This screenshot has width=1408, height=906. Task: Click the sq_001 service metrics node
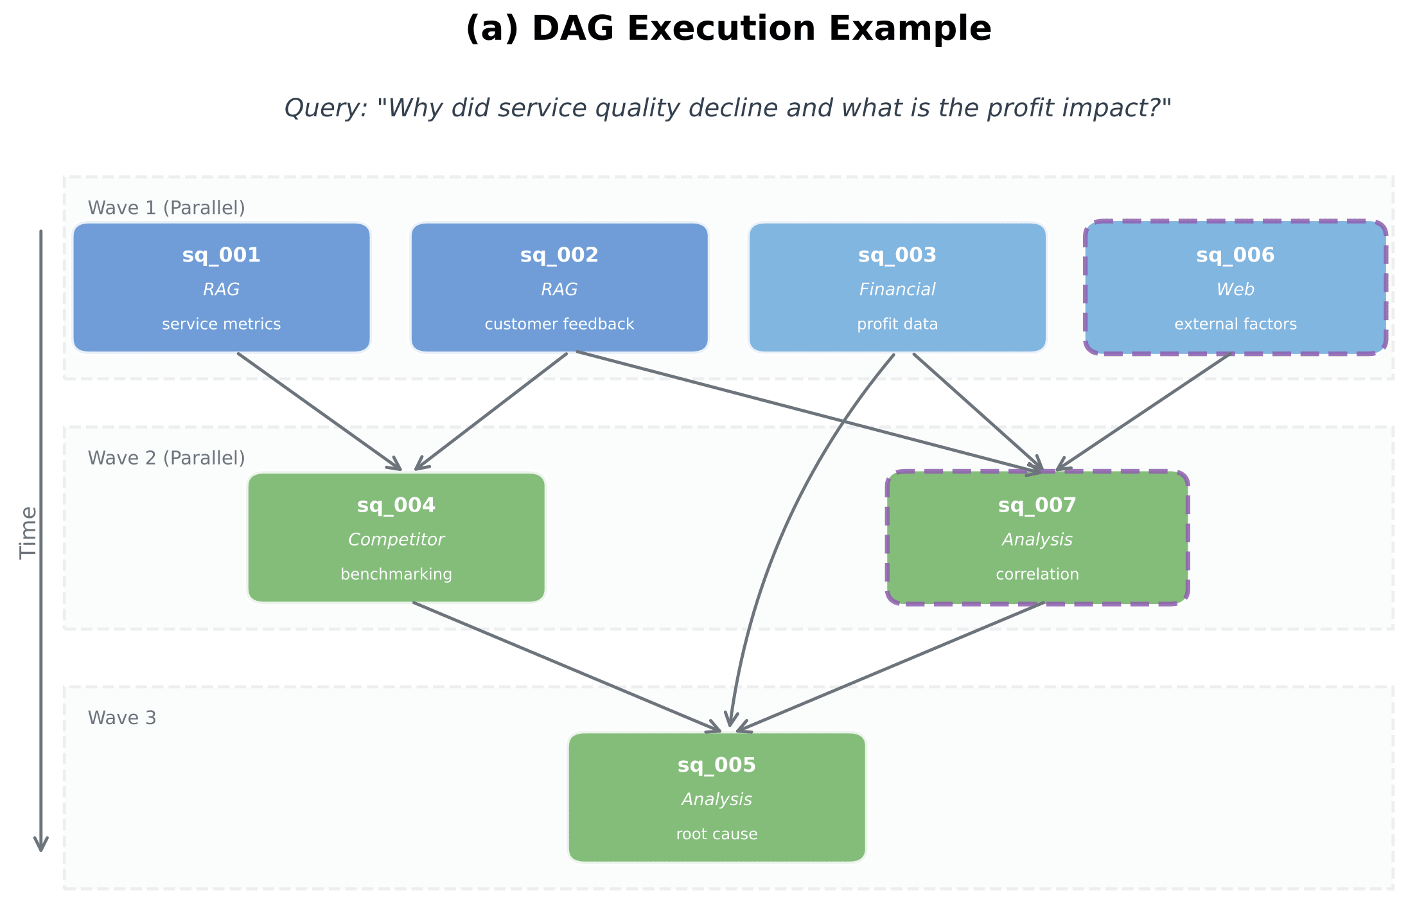tap(222, 288)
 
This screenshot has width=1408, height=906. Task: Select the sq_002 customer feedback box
tap(559, 288)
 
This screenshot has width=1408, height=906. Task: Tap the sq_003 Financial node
tap(897, 288)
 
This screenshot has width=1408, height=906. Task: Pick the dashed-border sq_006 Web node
tap(1235, 287)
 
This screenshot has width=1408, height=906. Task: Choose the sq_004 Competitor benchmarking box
tap(396, 538)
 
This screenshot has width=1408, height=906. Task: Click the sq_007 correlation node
tap(1037, 538)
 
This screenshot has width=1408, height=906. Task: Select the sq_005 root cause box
tap(717, 797)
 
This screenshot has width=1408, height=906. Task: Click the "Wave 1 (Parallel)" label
tap(166, 208)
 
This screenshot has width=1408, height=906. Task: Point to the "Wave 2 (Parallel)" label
tap(166, 458)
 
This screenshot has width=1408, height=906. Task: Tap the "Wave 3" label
tap(122, 718)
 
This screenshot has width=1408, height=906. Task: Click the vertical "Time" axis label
tap(28, 533)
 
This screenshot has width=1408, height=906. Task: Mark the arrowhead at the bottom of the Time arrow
tap(41, 851)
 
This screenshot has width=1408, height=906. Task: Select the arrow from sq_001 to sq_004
tap(320, 412)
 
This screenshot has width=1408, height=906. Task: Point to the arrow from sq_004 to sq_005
tap(567, 667)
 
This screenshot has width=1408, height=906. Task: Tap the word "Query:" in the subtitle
tap(326, 109)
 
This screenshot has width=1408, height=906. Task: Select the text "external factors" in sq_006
tap(1235, 324)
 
